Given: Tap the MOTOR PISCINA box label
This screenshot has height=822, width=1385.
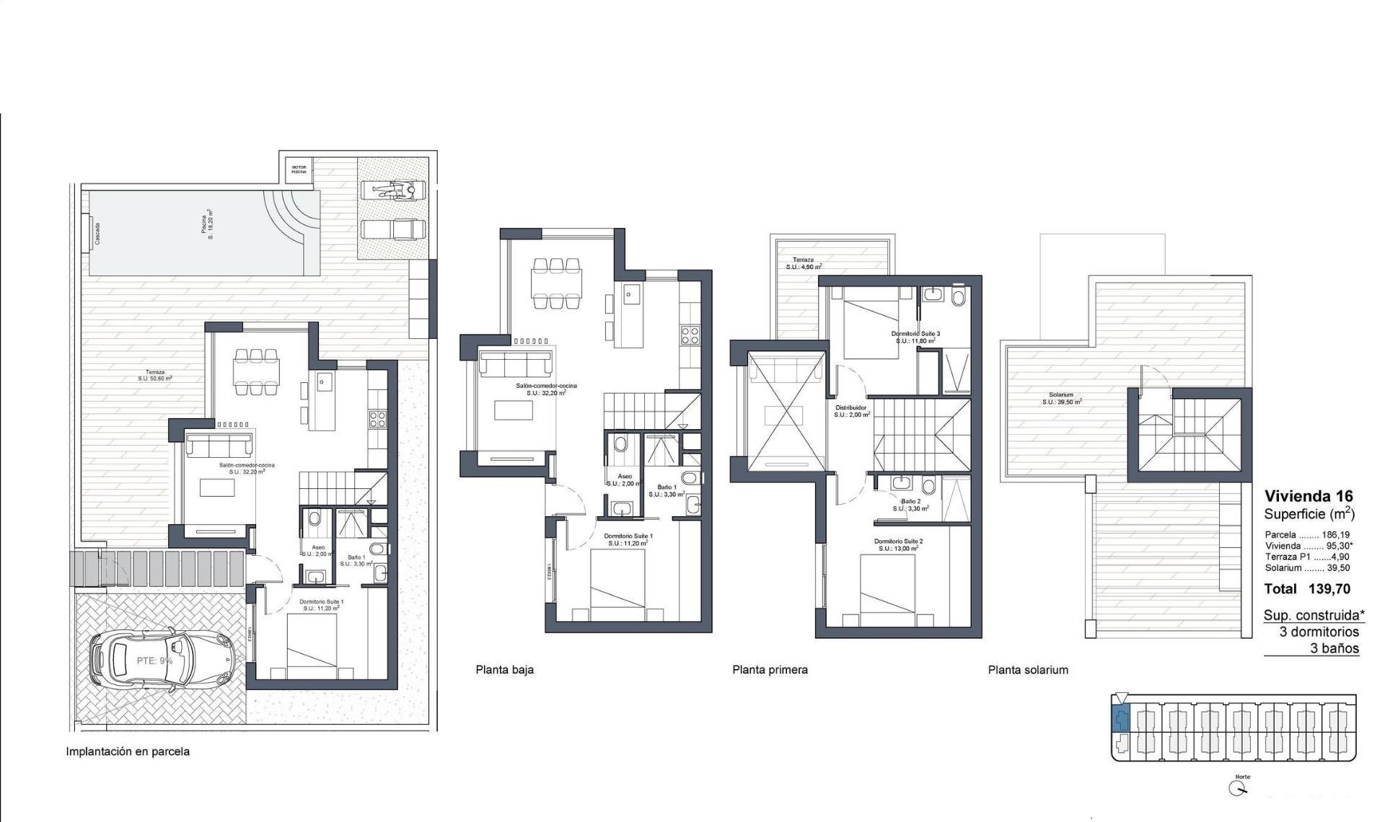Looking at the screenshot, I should [299, 169].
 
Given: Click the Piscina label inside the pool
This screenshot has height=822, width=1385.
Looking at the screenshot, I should [207, 226].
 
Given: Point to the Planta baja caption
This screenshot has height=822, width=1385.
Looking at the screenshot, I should [504, 670].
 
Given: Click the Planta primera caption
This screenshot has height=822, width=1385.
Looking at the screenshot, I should [770, 670].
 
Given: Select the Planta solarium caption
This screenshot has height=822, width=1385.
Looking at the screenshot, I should [1028, 670].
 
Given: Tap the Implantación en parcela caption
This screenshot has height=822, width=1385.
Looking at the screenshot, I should [128, 751].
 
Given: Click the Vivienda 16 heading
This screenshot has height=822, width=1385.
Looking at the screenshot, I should [1309, 496].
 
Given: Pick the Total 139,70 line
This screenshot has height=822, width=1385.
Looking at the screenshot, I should [1307, 589].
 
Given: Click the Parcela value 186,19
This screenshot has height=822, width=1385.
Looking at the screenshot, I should [1335, 535].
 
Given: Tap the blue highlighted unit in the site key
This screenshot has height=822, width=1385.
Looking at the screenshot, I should [1120, 719].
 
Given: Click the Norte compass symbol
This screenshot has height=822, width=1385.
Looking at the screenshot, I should [1238, 788].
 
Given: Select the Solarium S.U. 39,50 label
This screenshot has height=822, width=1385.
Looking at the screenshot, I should [1061, 398].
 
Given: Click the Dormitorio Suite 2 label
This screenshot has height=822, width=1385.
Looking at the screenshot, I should [898, 544].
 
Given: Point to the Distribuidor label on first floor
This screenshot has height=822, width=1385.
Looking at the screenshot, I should [852, 411].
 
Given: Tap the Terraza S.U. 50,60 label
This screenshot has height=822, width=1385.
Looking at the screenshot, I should [155, 375].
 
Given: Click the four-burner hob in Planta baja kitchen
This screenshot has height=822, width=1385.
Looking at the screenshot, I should [690, 335].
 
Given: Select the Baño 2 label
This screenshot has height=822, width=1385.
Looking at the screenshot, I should [910, 504].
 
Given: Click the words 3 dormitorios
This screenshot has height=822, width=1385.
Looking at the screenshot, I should [1319, 632].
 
